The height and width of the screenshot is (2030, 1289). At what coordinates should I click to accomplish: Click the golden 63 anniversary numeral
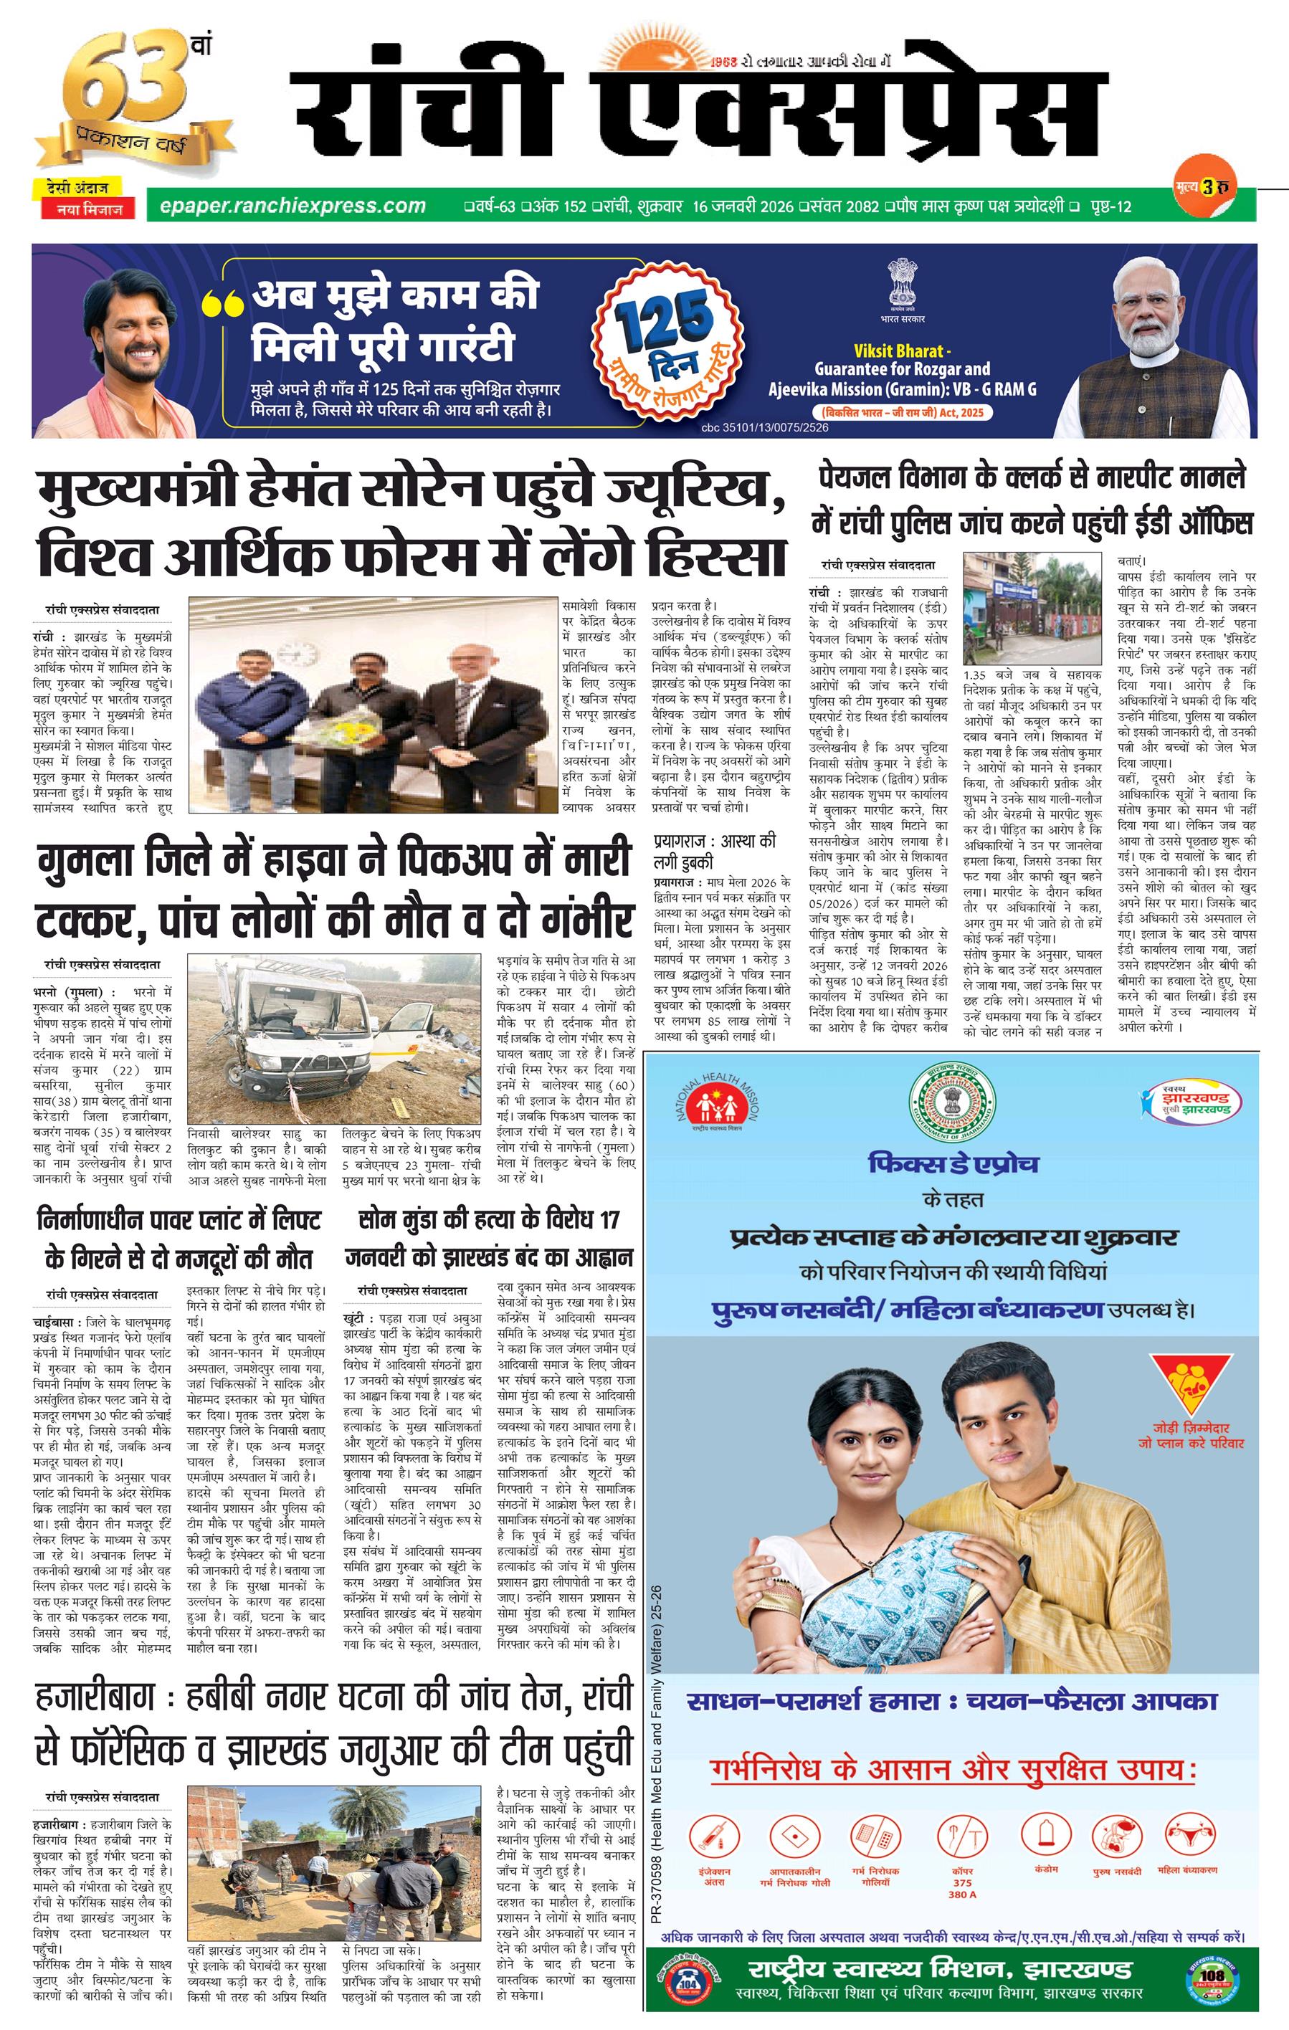(x=114, y=80)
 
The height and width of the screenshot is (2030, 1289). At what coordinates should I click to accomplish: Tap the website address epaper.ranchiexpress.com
(x=287, y=206)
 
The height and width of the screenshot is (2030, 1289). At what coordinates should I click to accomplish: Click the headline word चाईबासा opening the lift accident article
(x=57, y=1325)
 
